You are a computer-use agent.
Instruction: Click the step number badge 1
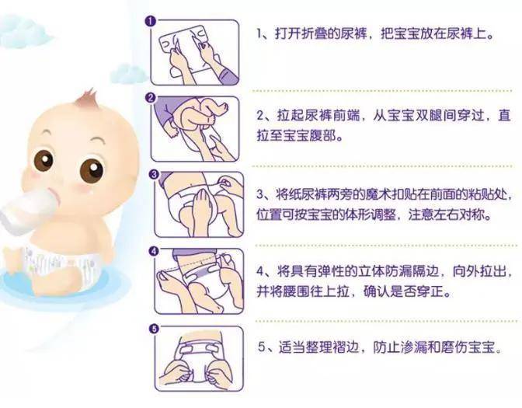click(x=151, y=21)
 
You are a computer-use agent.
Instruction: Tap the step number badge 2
click(x=151, y=98)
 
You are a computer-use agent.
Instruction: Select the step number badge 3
click(x=154, y=174)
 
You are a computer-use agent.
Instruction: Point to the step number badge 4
click(x=154, y=252)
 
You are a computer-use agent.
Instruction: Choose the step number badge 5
click(x=154, y=329)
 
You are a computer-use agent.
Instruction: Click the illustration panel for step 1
click(x=195, y=52)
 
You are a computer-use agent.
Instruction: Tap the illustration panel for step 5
click(x=199, y=359)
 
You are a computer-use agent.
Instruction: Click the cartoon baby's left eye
click(x=43, y=160)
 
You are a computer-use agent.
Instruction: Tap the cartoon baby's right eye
click(x=92, y=170)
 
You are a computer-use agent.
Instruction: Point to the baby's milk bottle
click(x=27, y=209)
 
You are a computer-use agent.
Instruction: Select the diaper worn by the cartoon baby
click(x=61, y=267)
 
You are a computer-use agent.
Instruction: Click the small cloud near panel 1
click(x=129, y=74)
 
